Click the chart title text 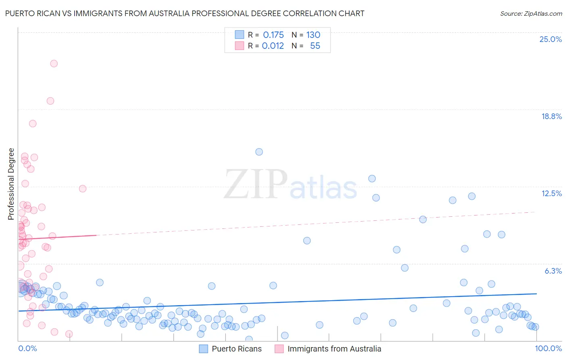click(x=185, y=13)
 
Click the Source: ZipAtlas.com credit click(x=531, y=13)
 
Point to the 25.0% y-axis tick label click(x=550, y=39)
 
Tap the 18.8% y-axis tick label click(x=551, y=116)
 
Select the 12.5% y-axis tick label click(x=551, y=193)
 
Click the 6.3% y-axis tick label click(x=553, y=271)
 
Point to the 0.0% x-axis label click(x=27, y=348)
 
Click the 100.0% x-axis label click(x=548, y=348)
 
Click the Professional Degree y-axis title click(x=11, y=184)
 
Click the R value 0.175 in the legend click(x=273, y=35)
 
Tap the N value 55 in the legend click(x=315, y=46)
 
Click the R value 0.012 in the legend click(x=273, y=46)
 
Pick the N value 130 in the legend click(x=313, y=35)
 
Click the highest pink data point click(x=54, y=63)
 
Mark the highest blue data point click(x=259, y=152)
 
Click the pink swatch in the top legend click(x=240, y=46)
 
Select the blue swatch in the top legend click(x=240, y=35)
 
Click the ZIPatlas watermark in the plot click(x=290, y=185)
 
